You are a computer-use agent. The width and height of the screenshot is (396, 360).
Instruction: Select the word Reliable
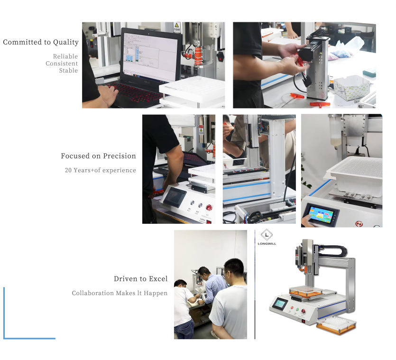[x=65, y=56]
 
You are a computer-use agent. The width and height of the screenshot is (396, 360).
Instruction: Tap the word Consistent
[x=62, y=64]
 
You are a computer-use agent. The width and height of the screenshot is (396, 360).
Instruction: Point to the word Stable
[x=68, y=71]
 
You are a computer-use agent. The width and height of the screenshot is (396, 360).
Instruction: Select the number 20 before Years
[x=68, y=170]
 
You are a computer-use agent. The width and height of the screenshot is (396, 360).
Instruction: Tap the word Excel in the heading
[x=158, y=278]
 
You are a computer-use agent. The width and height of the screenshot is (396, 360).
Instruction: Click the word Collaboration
[x=92, y=293]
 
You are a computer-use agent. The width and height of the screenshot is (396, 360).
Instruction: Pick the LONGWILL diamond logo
[x=267, y=235]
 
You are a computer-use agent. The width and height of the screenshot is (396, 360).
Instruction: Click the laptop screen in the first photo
[x=150, y=57]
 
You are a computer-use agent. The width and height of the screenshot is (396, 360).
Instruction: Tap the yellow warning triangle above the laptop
[x=177, y=25]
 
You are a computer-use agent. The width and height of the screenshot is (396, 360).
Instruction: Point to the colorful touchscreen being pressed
[x=321, y=214]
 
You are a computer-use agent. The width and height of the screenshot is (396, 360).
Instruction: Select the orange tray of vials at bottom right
[x=336, y=325]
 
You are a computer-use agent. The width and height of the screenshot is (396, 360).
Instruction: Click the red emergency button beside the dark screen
[x=209, y=207]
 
